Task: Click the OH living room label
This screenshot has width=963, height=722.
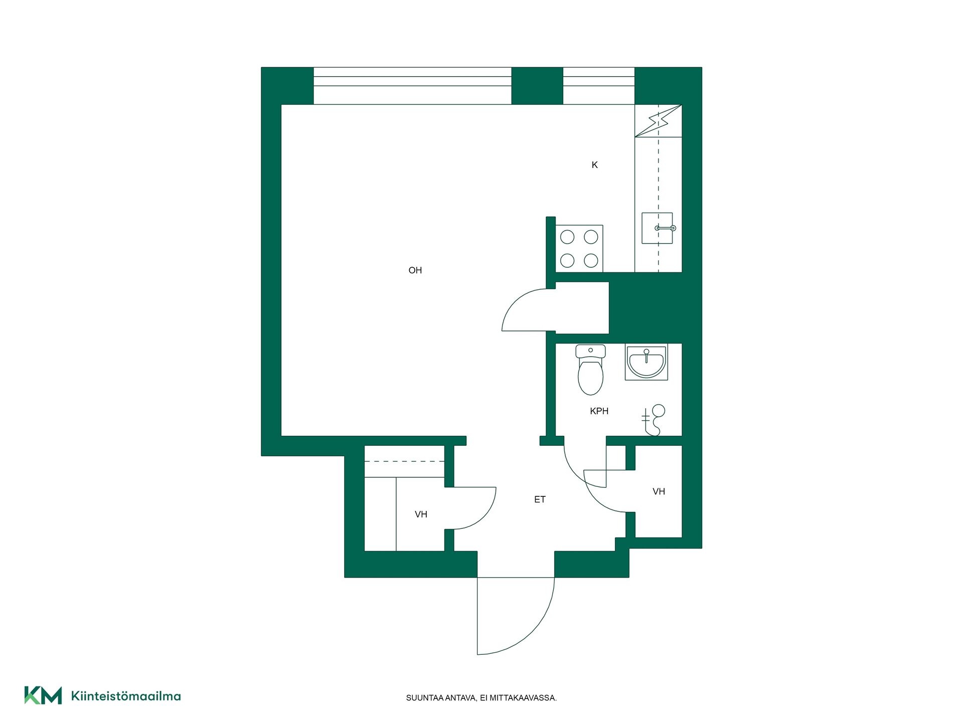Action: (x=415, y=270)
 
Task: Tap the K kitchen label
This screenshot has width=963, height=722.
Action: (x=594, y=165)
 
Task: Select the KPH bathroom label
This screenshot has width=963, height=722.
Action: (x=599, y=411)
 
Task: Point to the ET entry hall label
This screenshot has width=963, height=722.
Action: (x=540, y=499)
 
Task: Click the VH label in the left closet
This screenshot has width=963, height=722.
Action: (x=421, y=514)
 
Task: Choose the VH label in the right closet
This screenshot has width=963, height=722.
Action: (x=659, y=492)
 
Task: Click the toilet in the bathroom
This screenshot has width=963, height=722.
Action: (x=590, y=370)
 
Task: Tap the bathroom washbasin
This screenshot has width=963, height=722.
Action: (x=646, y=362)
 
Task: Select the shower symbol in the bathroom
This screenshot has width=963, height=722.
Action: (x=654, y=420)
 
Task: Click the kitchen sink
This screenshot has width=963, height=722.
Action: (x=657, y=228)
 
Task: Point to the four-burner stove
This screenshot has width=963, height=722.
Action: (x=579, y=249)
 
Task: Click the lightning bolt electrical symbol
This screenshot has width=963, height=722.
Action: (x=659, y=121)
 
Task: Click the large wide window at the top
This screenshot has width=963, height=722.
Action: (x=412, y=86)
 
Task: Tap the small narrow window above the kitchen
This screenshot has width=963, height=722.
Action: (x=599, y=86)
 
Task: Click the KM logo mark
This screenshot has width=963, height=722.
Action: (x=43, y=695)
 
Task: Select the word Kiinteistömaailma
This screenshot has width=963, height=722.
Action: (x=126, y=696)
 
